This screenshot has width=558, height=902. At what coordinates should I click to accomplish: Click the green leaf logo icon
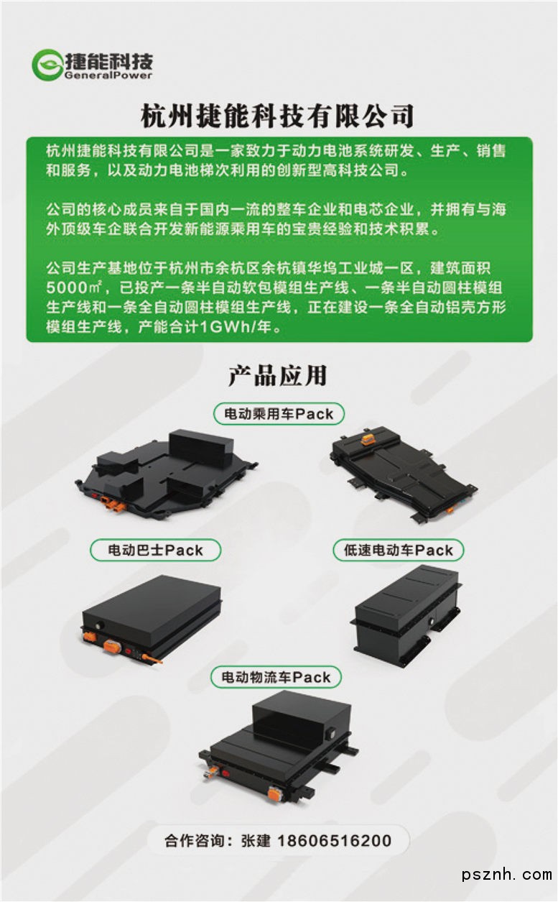47,65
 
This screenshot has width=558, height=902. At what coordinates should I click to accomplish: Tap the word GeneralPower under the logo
108,75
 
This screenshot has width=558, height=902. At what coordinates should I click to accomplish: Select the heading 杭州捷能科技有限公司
278,116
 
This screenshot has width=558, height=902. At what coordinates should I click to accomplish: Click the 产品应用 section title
278,376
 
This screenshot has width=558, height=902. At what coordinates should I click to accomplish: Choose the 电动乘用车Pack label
279,414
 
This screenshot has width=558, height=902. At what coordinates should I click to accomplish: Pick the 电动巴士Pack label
155,550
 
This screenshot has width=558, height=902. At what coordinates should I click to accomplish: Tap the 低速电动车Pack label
399,550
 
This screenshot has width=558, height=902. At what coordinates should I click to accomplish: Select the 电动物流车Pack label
276,677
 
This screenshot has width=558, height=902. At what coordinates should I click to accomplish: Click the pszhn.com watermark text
507,875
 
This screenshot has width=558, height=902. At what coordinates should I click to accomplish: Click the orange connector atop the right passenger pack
368,438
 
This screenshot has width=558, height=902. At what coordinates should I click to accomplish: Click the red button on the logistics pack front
225,773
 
